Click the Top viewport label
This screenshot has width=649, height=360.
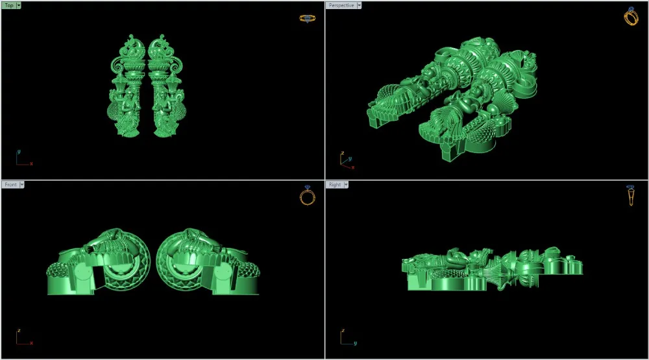(x=9, y=5)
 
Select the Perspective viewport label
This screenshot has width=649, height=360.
(x=341, y=5)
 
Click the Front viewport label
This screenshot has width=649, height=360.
(x=11, y=185)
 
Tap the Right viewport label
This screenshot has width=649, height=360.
(x=335, y=185)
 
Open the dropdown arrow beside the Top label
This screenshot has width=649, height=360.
(x=19, y=5)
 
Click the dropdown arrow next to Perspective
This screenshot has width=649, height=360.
(x=359, y=5)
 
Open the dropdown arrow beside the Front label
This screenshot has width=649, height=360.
(x=22, y=185)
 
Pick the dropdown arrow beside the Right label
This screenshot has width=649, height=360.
(x=346, y=185)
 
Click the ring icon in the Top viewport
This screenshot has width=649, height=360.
(x=307, y=19)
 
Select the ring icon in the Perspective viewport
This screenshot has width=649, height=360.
(x=631, y=17)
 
